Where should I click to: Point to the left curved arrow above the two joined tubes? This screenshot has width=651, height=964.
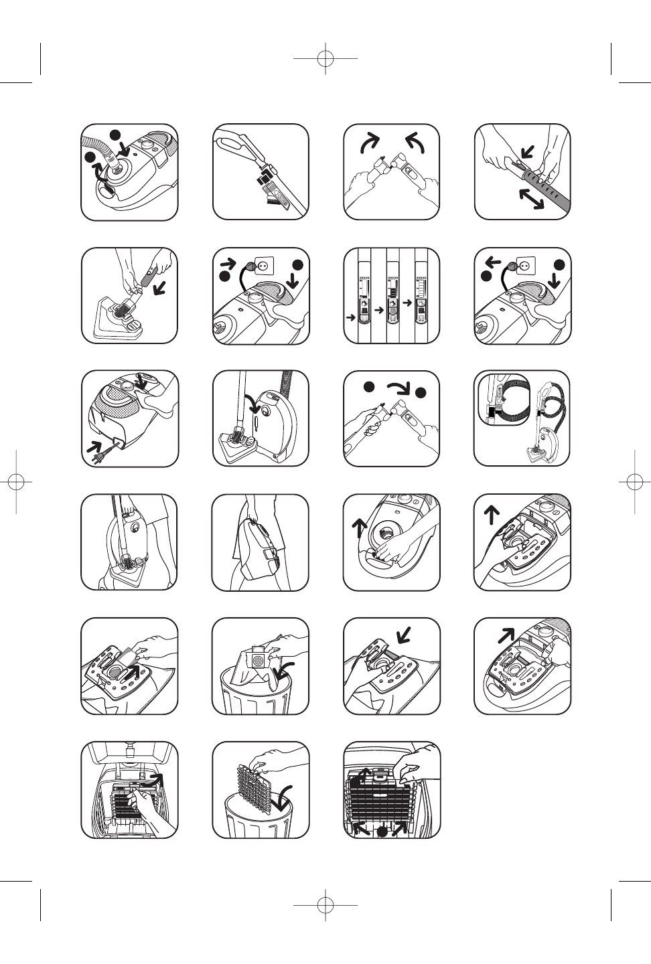(x=370, y=142)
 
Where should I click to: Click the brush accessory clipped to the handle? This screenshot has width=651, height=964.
(x=267, y=184)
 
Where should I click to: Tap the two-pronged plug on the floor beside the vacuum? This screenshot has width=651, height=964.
(x=98, y=456)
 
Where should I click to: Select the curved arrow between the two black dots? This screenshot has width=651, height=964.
(x=396, y=389)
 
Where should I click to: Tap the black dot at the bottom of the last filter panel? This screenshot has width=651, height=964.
(x=382, y=831)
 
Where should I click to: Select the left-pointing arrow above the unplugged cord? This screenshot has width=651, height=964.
(x=494, y=260)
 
